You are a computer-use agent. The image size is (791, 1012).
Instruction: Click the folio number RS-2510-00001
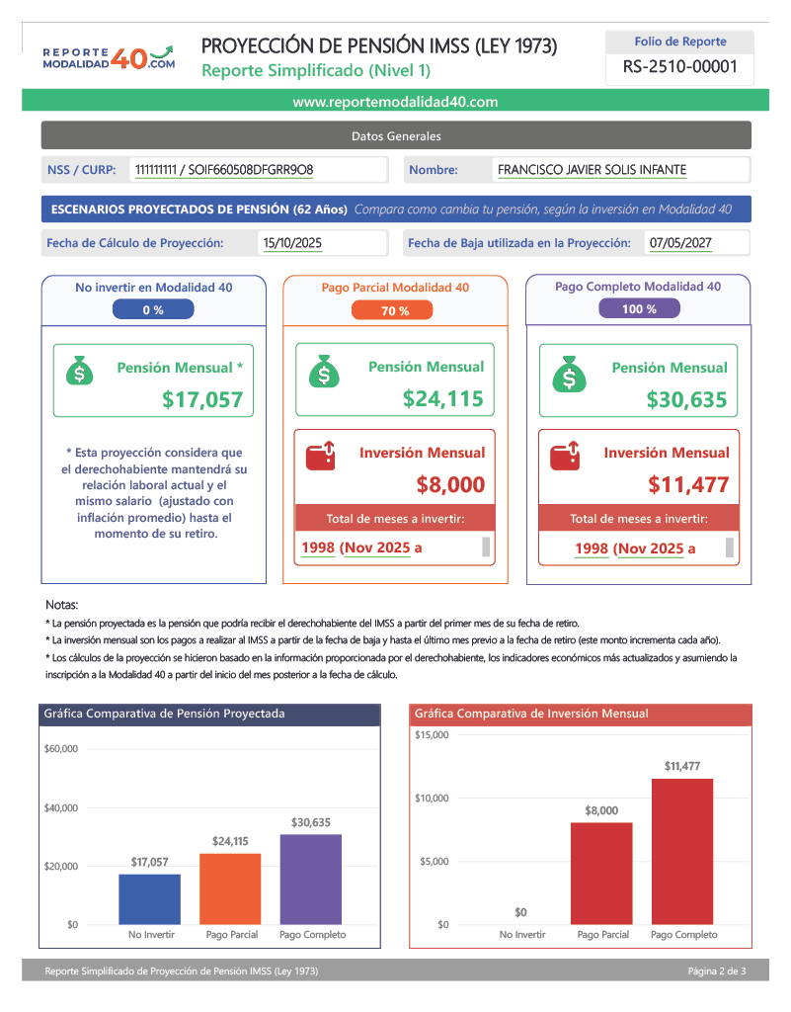coord(680,68)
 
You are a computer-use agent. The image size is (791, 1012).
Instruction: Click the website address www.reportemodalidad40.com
coord(395,102)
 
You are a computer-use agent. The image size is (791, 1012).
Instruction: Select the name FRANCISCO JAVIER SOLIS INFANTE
coord(592,170)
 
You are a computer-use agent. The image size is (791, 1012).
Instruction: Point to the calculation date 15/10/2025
coord(292,243)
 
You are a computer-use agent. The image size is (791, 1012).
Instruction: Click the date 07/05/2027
coord(680,243)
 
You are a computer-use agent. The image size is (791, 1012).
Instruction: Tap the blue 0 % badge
coord(153,309)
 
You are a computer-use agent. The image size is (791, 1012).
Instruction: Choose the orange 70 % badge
coord(395,310)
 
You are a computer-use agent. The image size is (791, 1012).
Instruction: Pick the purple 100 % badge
coord(639,309)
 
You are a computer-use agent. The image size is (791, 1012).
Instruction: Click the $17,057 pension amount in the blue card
coord(202,400)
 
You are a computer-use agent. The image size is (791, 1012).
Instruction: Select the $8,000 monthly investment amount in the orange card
coord(450,484)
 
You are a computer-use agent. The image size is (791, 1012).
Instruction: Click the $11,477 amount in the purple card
coord(688,484)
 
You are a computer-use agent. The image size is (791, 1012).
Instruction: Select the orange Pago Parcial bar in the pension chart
coord(230,888)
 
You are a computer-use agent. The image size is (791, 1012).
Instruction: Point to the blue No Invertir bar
coord(149,899)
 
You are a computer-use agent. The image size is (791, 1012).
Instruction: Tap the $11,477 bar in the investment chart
coord(682,851)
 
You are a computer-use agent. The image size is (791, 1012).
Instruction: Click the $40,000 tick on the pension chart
coord(61,808)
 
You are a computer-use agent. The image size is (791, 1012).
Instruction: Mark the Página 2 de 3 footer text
coord(717,971)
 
